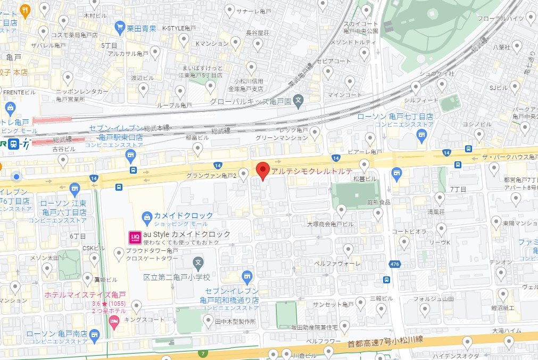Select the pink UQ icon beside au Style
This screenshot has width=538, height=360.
point(135,235)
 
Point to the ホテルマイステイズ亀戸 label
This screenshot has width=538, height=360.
point(85,294)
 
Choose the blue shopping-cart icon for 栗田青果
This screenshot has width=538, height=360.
point(121,28)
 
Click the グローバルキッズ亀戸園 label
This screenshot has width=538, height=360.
point(249,101)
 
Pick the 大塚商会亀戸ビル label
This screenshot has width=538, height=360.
point(330,224)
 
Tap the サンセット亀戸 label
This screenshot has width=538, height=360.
point(333,305)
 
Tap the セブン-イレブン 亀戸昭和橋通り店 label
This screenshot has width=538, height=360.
point(229,296)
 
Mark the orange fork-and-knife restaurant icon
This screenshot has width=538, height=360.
point(24,10)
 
